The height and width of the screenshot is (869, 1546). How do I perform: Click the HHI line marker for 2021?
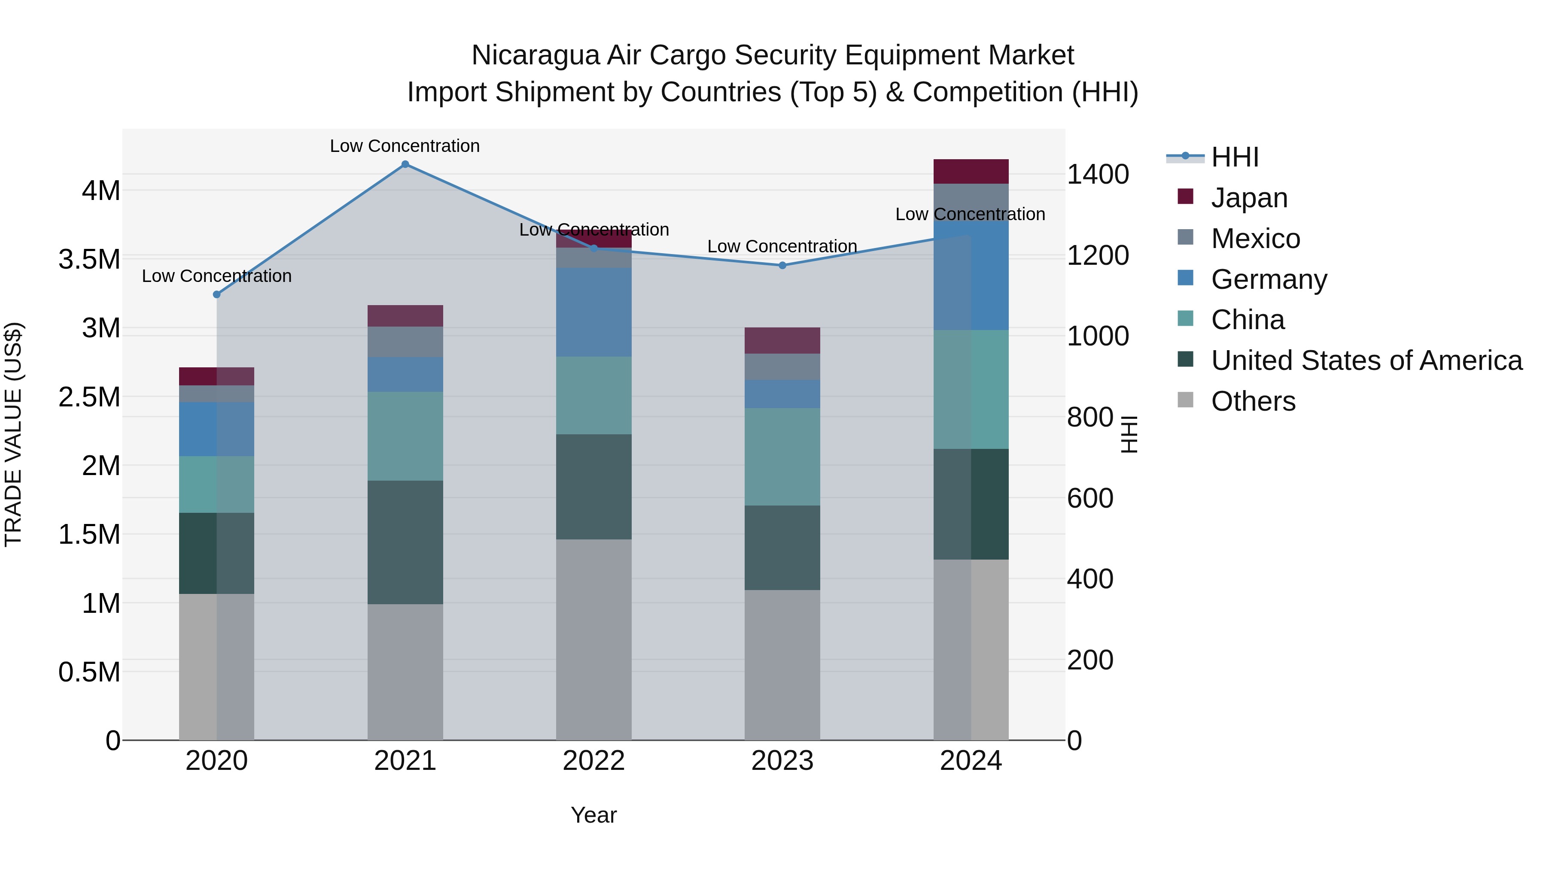point(405,164)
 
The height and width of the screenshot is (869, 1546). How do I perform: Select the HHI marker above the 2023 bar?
point(782,265)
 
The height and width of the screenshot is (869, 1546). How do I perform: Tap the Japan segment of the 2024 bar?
point(971,172)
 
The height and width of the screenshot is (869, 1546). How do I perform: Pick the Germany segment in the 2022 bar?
point(593,312)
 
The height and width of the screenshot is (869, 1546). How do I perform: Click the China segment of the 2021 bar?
point(405,436)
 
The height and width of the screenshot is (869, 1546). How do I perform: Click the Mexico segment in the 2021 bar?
point(405,342)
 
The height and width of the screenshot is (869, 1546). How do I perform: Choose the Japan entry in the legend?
point(1248,198)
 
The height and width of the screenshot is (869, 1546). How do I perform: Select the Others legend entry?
point(1253,401)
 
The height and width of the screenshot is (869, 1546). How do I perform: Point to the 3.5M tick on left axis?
point(89,260)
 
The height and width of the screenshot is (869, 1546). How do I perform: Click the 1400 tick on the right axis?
point(1098,175)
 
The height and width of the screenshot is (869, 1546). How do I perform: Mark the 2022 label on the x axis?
point(593,761)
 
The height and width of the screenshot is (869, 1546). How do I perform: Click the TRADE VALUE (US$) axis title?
point(13,434)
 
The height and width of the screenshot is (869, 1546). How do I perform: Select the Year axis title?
point(593,815)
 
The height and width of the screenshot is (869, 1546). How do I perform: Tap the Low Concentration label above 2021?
point(405,146)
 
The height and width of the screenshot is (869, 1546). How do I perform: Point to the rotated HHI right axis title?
point(1129,434)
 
